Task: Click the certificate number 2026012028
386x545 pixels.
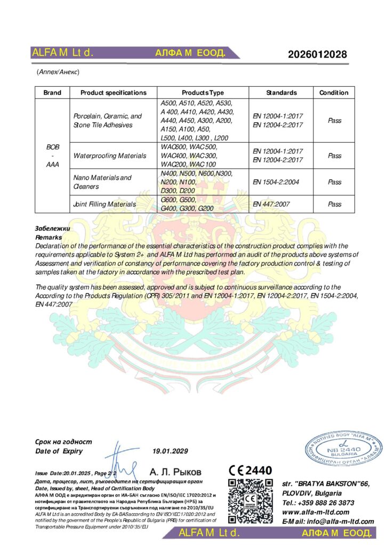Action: [x=317, y=54]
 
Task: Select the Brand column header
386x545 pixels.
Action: [x=52, y=93]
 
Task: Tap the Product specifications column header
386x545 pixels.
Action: [x=113, y=93]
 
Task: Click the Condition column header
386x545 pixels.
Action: [x=334, y=93]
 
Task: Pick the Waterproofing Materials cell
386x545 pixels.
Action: [x=109, y=156]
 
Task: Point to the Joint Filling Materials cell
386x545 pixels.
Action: [x=104, y=204]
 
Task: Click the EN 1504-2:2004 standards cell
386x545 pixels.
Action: [x=276, y=182]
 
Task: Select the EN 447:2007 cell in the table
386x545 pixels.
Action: [x=270, y=204]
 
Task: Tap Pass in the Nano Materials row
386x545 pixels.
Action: [x=334, y=182]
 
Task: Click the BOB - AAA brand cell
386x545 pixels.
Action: [x=52, y=155]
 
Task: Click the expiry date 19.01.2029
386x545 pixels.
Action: [x=171, y=451]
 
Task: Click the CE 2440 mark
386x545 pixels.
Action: [x=250, y=470]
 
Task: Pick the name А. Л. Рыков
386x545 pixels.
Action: [x=175, y=472]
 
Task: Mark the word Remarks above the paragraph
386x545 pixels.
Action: [x=48, y=236]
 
